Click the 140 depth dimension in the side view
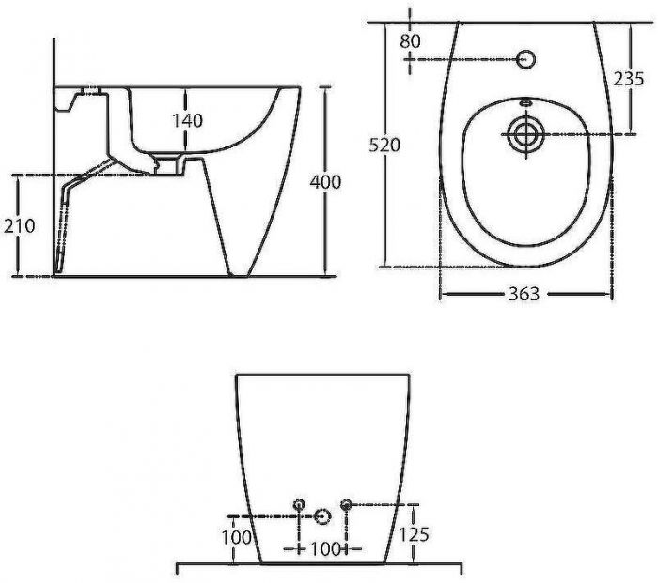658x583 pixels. (x=188, y=120)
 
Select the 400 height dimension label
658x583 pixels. (x=325, y=182)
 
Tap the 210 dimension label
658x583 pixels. (x=20, y=226)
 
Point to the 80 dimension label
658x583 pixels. (x=410, y=41)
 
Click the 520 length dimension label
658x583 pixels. (x=384, y=145)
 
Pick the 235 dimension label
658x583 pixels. (x=628, y=78)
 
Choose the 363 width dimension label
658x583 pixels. (x=524, y=294)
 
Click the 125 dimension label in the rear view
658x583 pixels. (x=414, y=534)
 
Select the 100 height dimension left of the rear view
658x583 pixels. (x=236, y=537)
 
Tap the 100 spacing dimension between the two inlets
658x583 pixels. (x=325, y=548)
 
